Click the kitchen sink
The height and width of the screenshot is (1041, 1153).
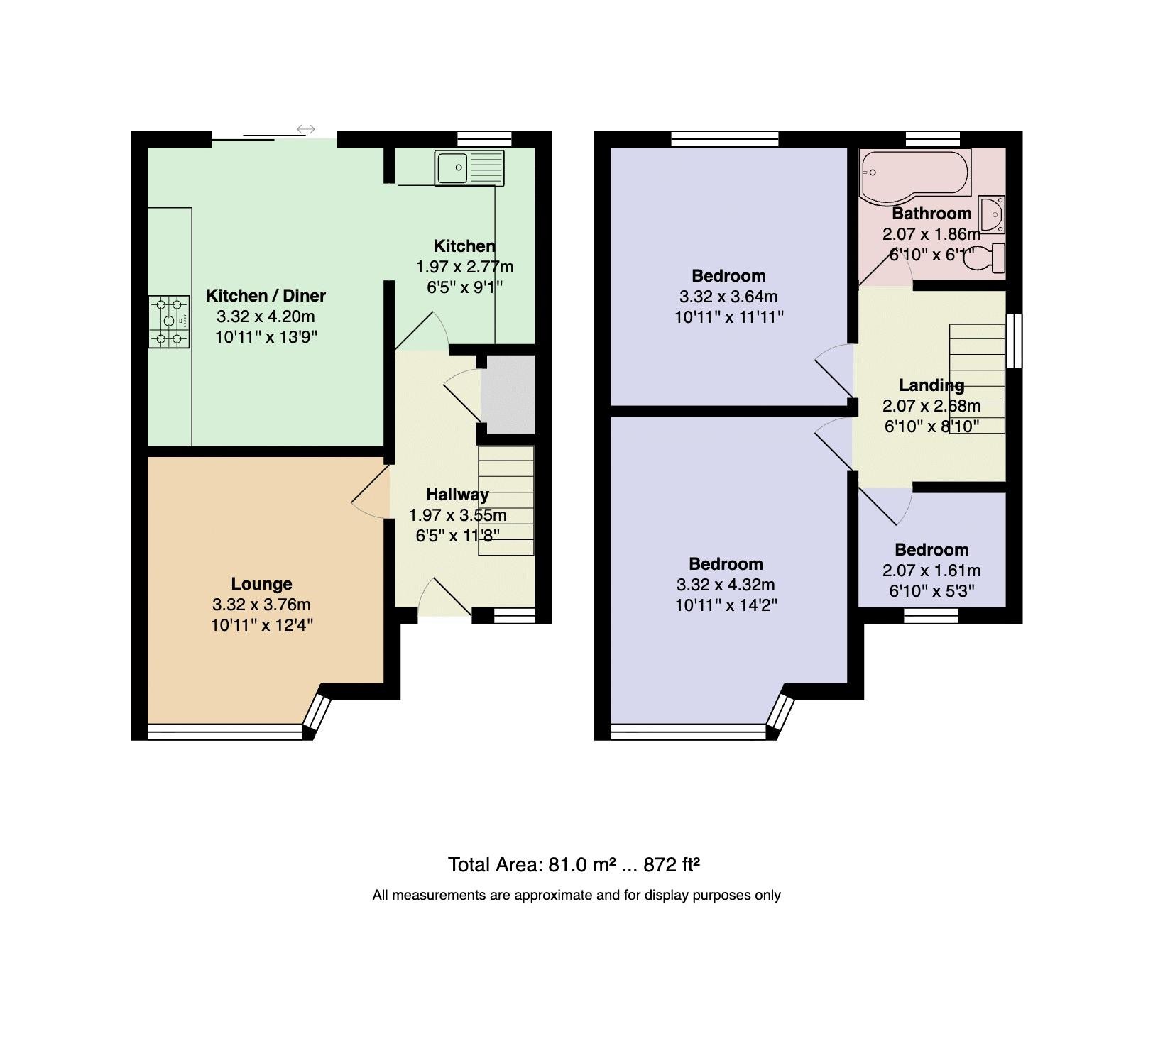469,168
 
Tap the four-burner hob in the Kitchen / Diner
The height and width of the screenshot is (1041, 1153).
169,321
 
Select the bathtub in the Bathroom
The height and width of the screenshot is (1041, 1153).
914,173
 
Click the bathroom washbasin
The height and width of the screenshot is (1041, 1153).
991,214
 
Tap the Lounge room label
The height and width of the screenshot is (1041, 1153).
261,584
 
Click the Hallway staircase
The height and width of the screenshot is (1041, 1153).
506,500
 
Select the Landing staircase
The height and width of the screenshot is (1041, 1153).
977,378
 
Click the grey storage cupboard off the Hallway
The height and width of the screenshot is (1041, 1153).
508,394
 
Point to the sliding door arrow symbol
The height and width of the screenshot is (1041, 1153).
306,129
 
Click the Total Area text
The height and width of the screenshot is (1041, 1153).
574,865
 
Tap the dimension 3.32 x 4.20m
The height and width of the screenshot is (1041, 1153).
266,316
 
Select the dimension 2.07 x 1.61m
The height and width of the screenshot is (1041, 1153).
931,571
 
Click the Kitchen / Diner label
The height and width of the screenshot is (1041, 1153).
266,296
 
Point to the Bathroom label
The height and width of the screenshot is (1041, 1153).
931,214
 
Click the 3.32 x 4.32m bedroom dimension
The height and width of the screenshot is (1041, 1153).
726,585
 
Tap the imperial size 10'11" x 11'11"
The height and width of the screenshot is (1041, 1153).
728,317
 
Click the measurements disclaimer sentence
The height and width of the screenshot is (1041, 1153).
576,896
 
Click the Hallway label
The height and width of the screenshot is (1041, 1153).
457,495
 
